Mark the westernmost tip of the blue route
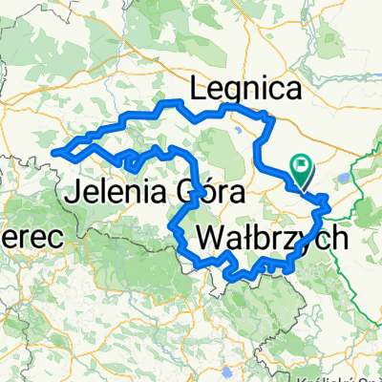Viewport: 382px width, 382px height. pos(62,151)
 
